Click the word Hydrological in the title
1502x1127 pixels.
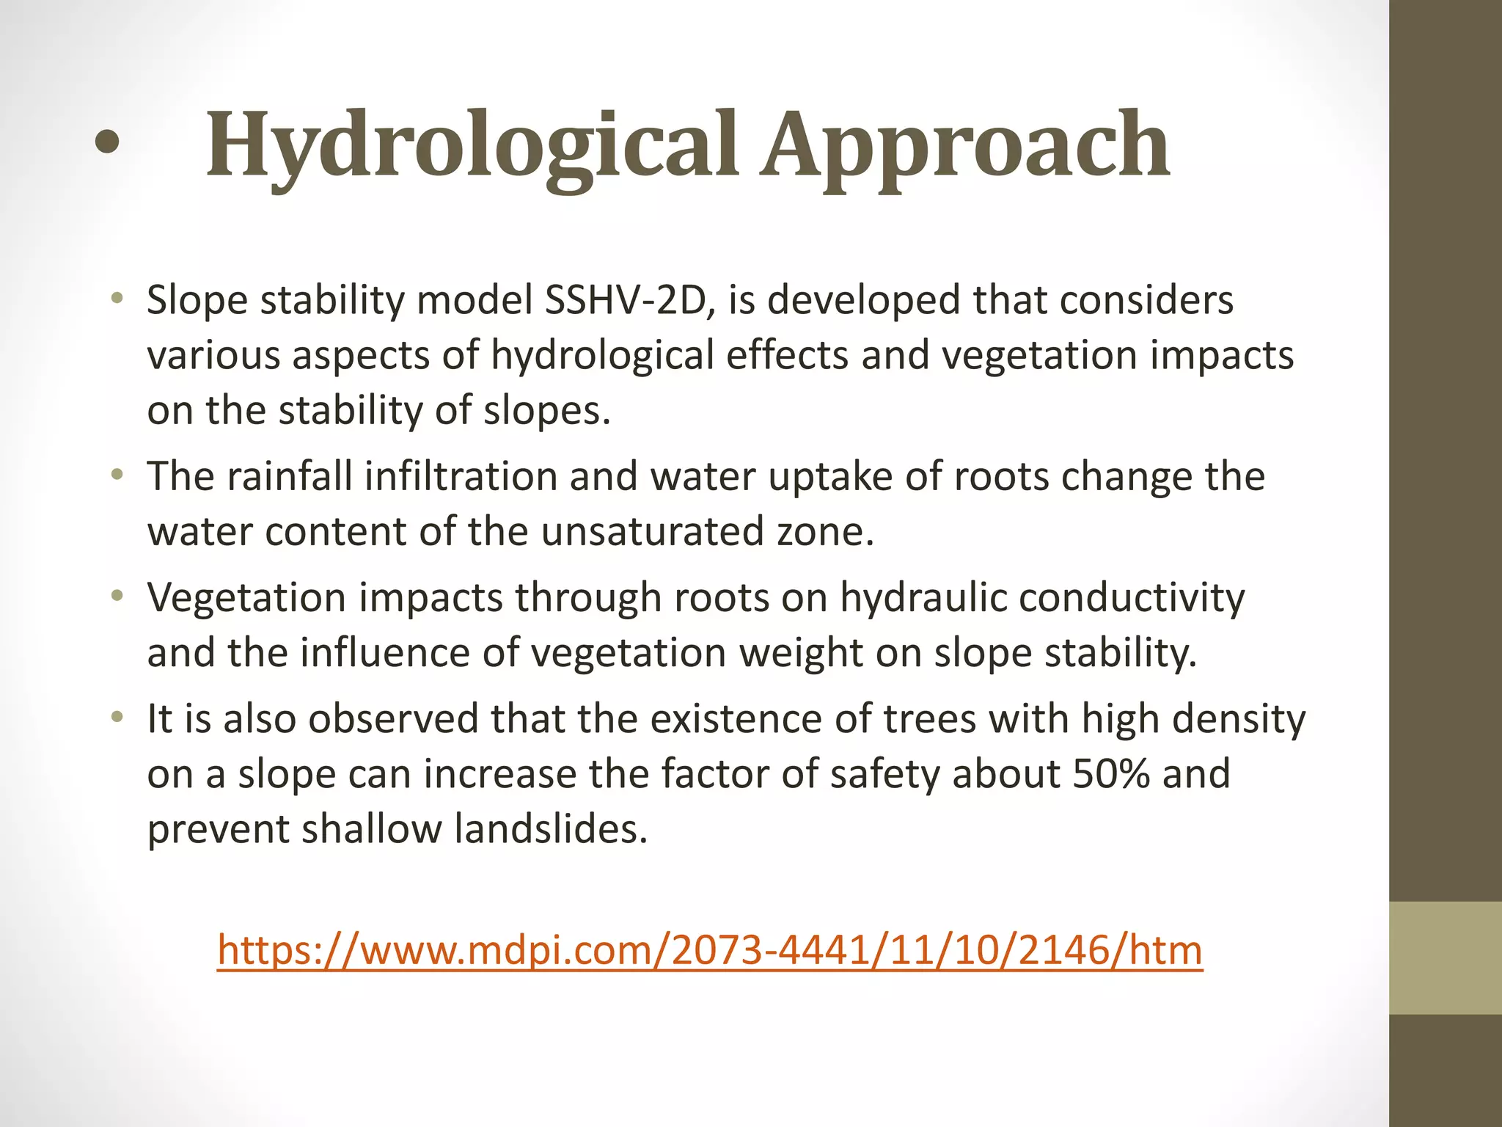coord(471,145)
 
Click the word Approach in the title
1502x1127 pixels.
coord(964,145)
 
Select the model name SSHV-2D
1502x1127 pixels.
coord(630,300)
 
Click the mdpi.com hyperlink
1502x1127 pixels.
coord(710,950)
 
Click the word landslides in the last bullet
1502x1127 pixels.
coord(551,829)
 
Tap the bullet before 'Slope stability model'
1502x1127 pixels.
coord(117,298)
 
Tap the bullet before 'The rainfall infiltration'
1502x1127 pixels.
coord(117,474)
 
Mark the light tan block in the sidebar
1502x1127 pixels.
coord(1445,958)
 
